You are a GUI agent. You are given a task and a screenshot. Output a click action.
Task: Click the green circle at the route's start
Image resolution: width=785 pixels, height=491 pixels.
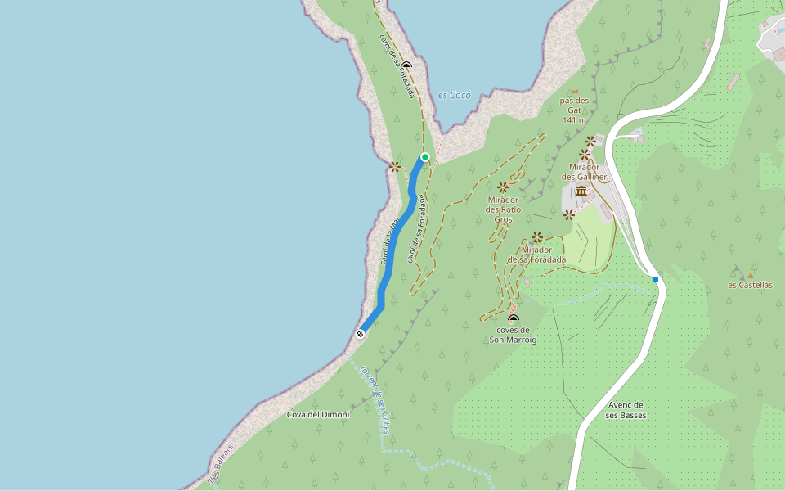tap(425, 157)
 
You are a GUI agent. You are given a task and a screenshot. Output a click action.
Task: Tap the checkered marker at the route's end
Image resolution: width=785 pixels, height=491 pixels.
tap(361, 333)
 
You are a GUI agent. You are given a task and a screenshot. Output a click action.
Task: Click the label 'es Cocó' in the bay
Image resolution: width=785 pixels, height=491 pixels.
tap(455, 95)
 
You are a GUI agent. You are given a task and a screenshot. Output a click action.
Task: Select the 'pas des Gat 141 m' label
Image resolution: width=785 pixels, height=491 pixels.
tap(574, 110)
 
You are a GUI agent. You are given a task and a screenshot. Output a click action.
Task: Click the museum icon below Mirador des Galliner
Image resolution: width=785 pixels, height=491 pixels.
tap(581, 191)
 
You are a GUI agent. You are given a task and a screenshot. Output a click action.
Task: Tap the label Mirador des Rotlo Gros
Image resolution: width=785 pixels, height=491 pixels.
tap(503, 209)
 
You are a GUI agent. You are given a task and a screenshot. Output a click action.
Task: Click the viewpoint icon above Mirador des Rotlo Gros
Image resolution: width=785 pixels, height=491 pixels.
tap(503, 187)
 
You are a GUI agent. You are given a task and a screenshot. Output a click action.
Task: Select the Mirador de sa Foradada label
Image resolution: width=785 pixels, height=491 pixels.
tap(537, 255)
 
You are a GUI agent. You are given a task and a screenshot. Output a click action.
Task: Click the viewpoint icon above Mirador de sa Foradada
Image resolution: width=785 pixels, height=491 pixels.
tap(537, 237)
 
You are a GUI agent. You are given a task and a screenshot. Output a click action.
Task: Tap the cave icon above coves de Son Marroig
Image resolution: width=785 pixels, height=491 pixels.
tap(514, 319)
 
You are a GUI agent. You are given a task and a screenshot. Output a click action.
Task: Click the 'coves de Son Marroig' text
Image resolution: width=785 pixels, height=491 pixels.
tap(514, 335)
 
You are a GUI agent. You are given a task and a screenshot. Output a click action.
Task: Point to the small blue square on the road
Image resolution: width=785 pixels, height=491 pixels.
tap(656, 279)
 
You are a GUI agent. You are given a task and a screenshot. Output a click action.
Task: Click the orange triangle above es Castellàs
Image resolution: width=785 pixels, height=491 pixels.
tap(750, 276)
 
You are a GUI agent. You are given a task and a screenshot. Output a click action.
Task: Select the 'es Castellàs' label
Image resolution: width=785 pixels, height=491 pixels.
tap(750, 285)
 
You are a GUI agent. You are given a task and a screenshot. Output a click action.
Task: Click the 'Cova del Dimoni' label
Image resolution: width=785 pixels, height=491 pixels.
tap(318, 414)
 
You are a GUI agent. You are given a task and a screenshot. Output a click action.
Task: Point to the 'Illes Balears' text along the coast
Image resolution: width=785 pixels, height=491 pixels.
tap(220, 464)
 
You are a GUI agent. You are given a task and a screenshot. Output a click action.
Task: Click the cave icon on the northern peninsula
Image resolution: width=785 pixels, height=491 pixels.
tap(406, 65)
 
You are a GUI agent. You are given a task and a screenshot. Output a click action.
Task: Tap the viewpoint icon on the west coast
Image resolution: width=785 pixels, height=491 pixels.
tap(395, 166)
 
